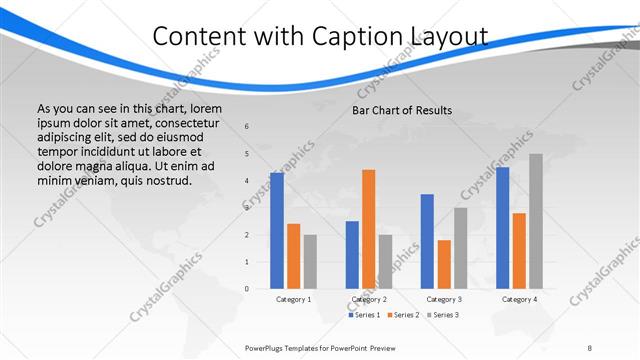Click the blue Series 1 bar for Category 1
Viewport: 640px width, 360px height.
click(x=277, y=230)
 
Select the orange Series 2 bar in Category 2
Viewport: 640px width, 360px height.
click(x=368, y=228)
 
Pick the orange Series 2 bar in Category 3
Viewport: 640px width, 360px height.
click(x=443, y=263)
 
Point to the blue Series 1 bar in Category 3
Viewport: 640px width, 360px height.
click(x=427, y=240)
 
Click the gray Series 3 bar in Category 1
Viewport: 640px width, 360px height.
click(x=310, y=261)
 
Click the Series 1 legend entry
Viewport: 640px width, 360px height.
click(x=363, y=315)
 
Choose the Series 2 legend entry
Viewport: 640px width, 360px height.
click(x=402, y=315)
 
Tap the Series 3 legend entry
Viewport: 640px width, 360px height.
click(x=441, y=315)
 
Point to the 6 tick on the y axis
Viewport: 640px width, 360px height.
click(x=247, y=127)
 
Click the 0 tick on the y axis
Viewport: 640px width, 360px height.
click(x=247, y=289)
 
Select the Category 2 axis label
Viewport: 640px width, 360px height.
click(x=369, y=299)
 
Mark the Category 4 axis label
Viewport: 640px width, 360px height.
click(x=519, y=299)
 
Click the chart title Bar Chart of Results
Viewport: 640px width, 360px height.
click(x=402, y=110)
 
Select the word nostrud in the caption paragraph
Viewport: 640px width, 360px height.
click(x=166, y=181)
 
